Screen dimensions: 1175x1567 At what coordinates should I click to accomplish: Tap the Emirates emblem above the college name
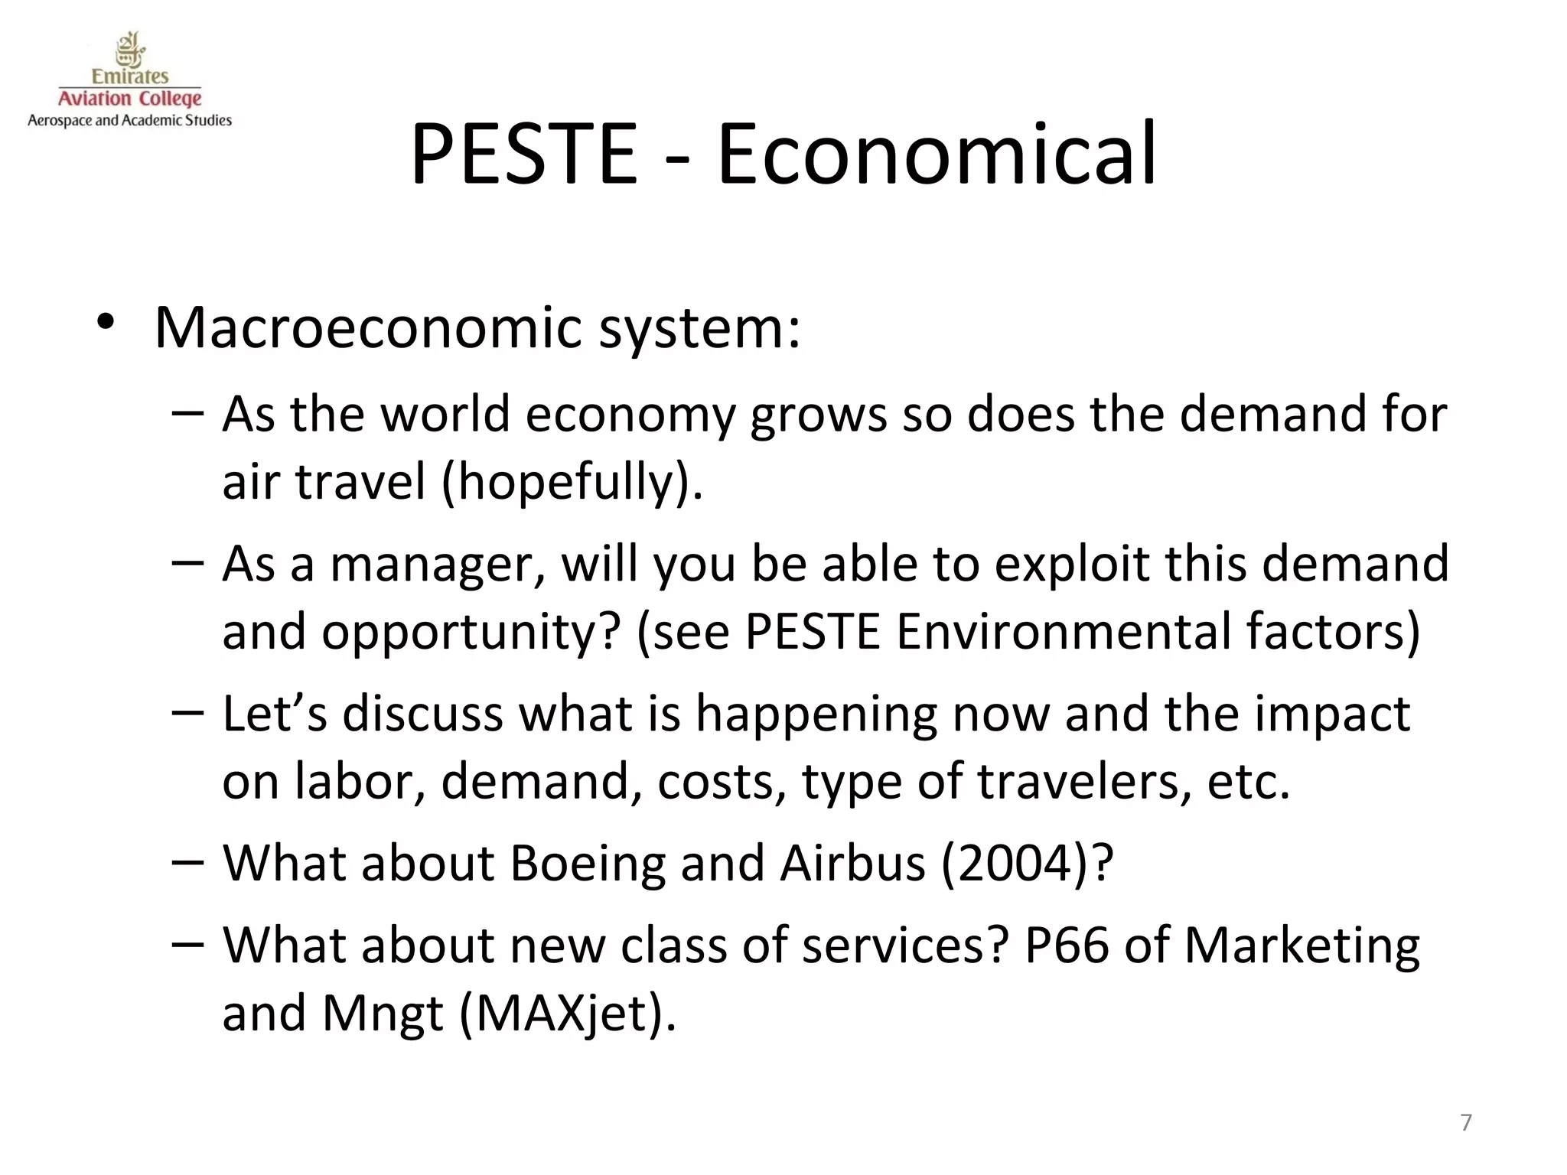click(x=130, y=50)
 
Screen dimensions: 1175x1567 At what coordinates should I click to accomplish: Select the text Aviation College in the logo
click(x=130, y=99)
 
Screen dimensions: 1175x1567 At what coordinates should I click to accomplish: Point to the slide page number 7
click(x=1465, y=1122)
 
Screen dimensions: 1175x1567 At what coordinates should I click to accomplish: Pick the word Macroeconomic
click(x=368, y=327)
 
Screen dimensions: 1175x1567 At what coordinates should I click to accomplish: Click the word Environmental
click(x=1063, y=632)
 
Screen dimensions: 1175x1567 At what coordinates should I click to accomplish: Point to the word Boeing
click(x=587, y=863)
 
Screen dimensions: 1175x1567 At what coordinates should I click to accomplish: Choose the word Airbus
click(x=853, y=863)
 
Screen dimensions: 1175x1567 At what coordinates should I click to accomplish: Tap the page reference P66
click(x=1066, y=946)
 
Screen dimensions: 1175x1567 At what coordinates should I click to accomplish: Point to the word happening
click(x=816, y=714)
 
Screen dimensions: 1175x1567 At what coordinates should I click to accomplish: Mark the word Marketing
click(x=1301, y=946)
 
